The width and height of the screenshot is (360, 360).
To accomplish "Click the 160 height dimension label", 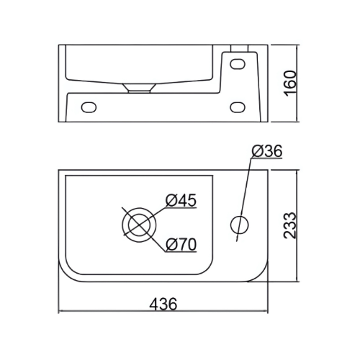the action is tap(291, 84).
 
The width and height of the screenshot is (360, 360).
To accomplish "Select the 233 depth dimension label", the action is tap(290, 225).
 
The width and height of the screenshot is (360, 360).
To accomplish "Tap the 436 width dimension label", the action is tap(163, 304).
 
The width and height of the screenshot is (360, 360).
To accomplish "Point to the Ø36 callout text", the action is tap(267, 152).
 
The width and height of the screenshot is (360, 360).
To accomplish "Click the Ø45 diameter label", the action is tap(181, 200).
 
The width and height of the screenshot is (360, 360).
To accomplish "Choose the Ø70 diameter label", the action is tap(181, 245).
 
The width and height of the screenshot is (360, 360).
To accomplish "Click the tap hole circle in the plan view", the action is tap(239, 225).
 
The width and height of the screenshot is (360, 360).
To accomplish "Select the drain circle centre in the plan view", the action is tap(139, 225).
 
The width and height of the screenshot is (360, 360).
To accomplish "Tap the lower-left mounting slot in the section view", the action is tap(89, 107).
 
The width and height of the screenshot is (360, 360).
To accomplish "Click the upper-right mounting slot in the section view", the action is tap(238, 64).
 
